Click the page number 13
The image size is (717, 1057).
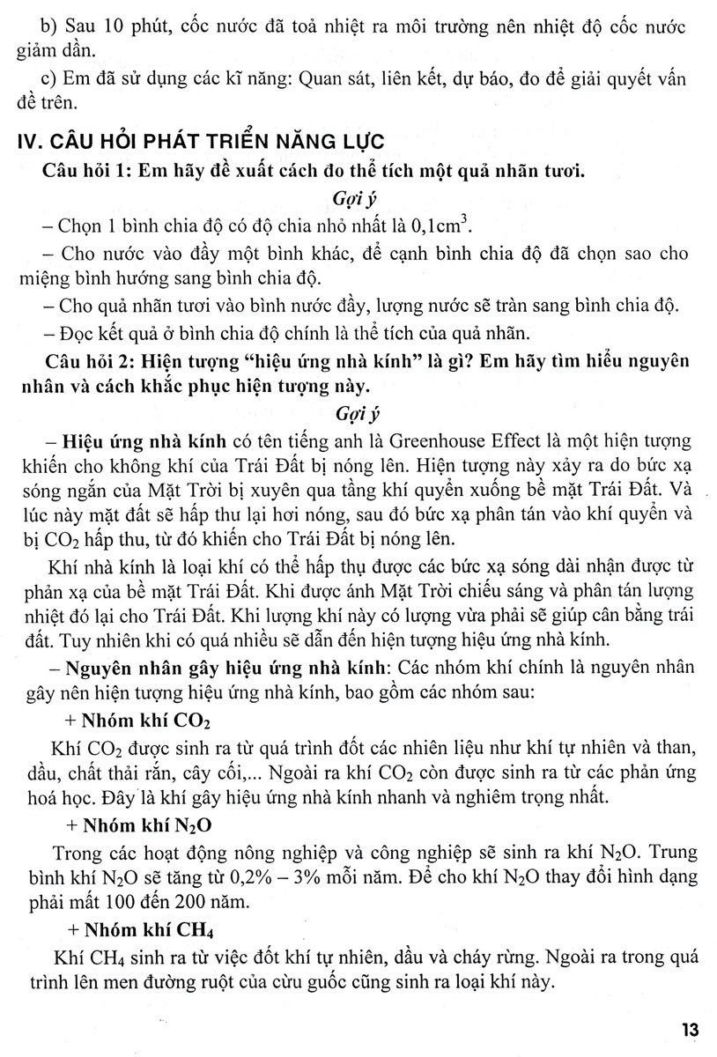(689, 1029)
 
